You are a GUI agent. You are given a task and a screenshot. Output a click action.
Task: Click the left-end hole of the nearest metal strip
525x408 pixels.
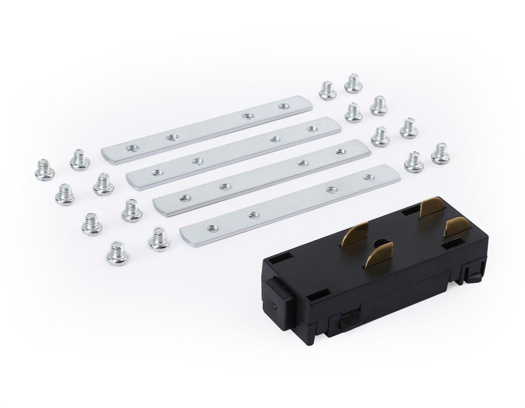click(x=213, y=227)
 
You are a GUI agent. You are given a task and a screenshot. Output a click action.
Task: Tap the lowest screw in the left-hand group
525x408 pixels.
click(x=116, y=253)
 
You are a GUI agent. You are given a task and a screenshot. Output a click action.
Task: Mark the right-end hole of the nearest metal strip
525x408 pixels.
click(x=367, y=178)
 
